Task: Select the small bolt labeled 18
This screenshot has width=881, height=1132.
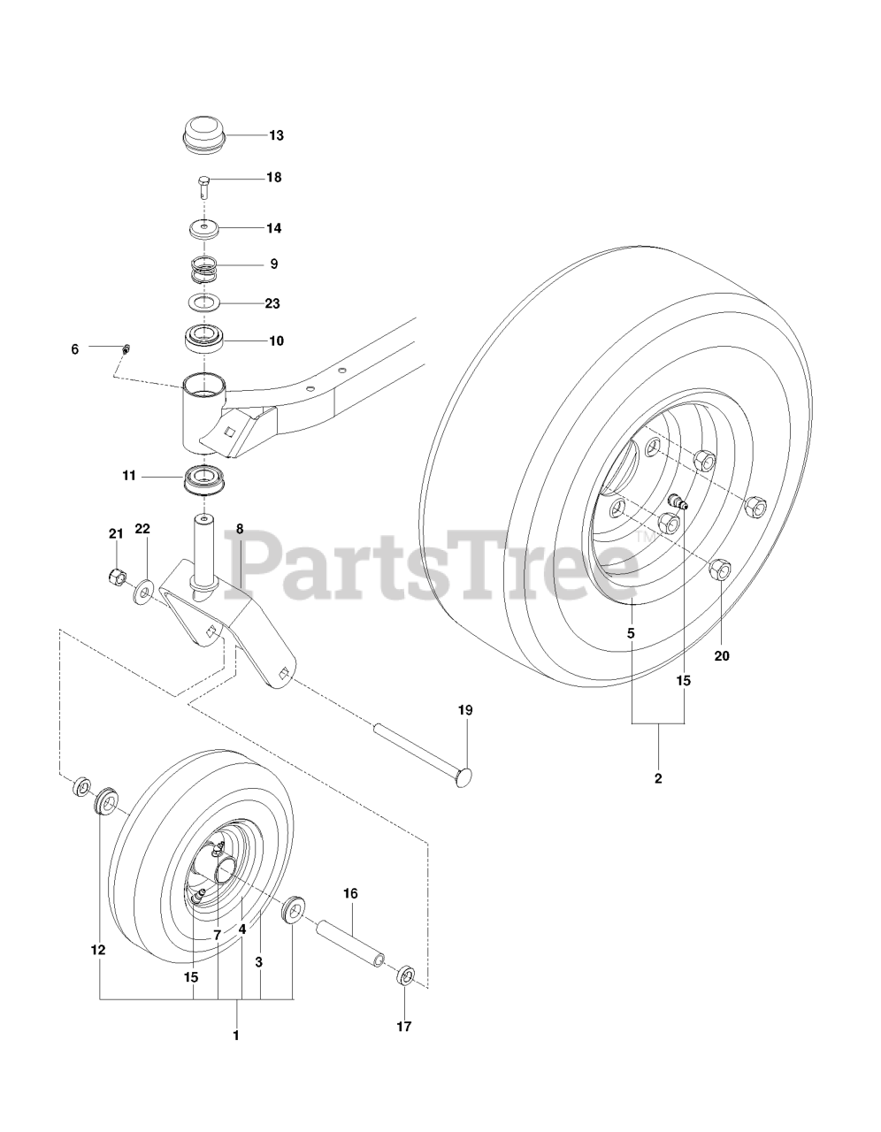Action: pos(204,187)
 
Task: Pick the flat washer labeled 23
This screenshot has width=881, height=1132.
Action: pos(204,302)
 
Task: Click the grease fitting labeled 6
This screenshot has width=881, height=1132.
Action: pos(126,348)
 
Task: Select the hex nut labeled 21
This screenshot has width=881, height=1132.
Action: pos(117,576)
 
